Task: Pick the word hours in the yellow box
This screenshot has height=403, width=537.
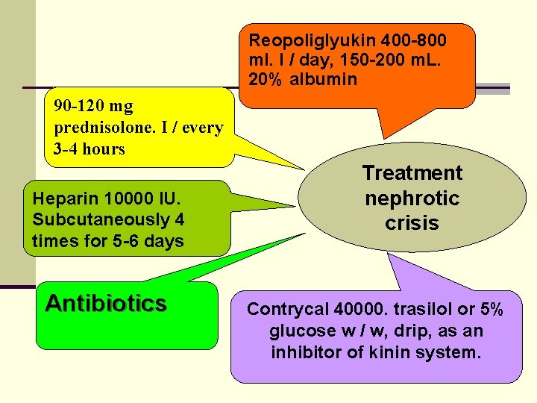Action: point(104,149)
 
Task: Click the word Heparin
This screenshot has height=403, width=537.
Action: point(60,199)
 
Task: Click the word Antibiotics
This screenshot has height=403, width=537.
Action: point(106,303)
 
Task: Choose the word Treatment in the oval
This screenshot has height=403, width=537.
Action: point(412,173)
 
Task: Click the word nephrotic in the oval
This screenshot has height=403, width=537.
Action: point(412,199)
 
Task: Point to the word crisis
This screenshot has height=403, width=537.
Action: point(412,223)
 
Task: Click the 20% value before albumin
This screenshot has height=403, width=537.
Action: point(266,79)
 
